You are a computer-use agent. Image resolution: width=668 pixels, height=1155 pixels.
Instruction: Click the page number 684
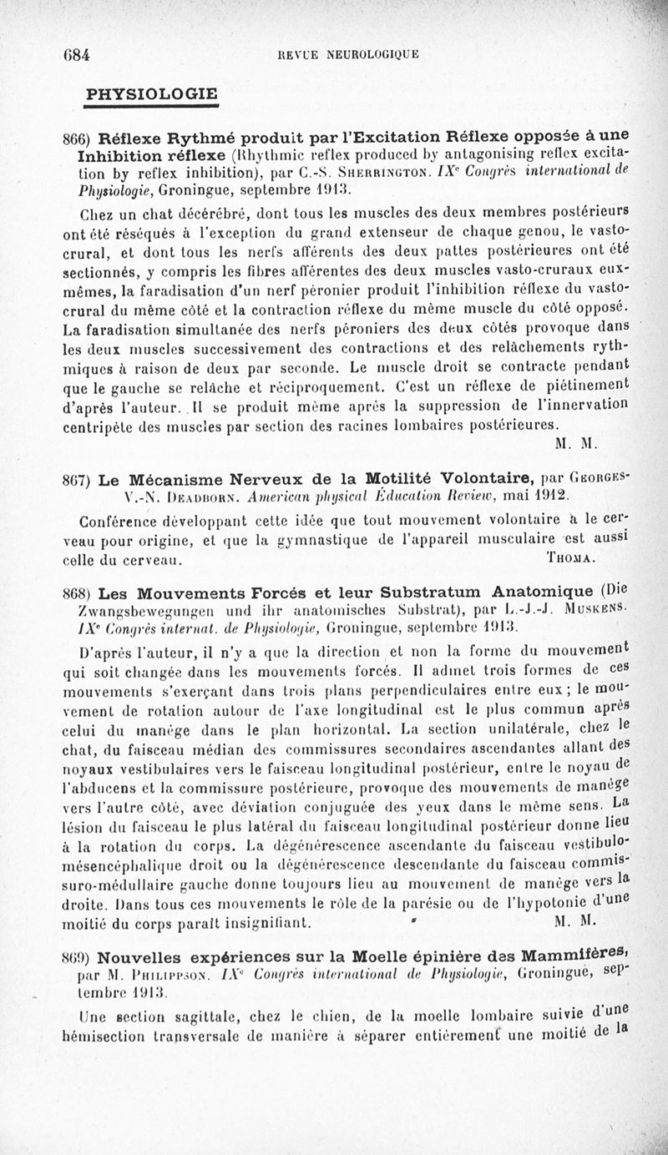tap(77, 55)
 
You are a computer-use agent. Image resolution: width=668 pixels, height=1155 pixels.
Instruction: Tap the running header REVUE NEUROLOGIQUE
tap(348, 56)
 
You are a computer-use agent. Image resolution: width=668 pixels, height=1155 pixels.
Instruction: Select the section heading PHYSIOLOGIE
tap(152, 93)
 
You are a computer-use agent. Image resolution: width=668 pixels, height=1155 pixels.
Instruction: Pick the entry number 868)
tap(79, 594)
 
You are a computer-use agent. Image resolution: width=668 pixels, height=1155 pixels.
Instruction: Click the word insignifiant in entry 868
tap(260, 923)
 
